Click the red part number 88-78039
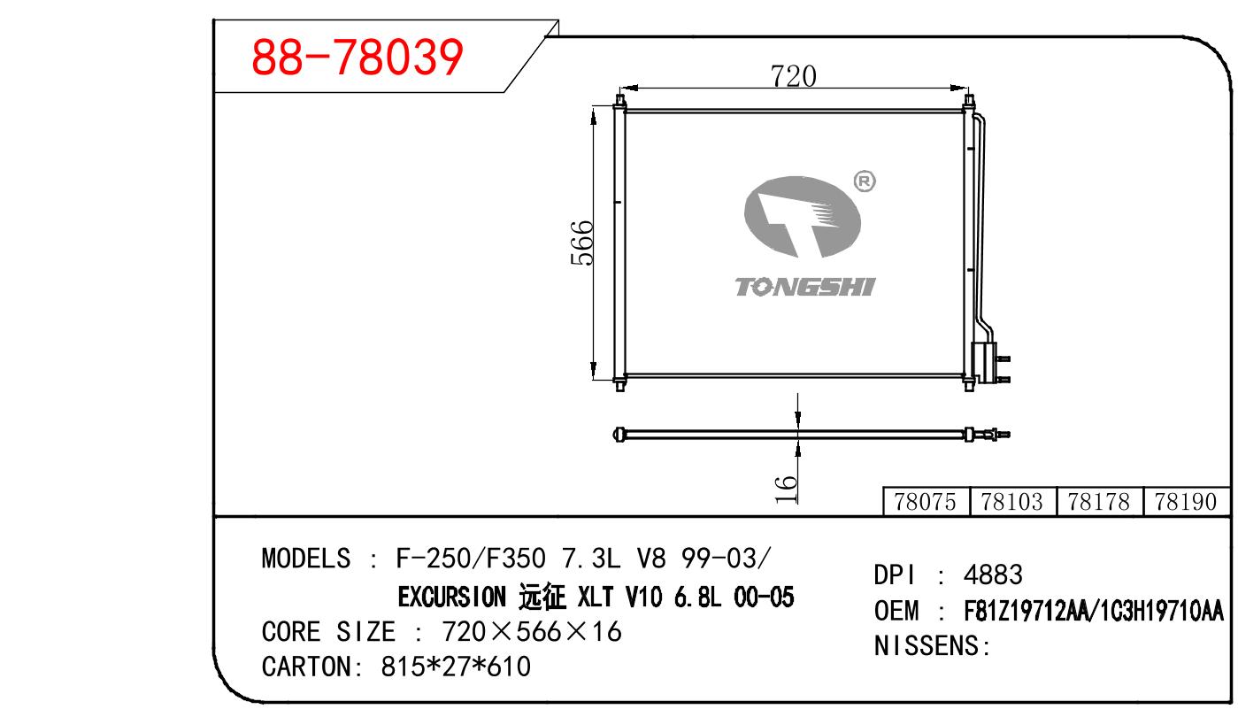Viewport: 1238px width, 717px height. click(x=357, y=57)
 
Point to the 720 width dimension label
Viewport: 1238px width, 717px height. click(x=793, y=76)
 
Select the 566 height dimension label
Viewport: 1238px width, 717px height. click(x=582, y=243)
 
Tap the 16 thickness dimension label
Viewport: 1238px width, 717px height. click(x=785, y=490)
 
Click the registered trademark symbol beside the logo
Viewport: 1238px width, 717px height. click(x=865, y=181)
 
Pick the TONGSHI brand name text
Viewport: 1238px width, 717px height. click(x=805, y=287)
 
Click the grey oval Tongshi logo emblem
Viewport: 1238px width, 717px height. click(x=802, y=217)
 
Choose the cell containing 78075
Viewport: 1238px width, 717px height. click(x=927, y=502)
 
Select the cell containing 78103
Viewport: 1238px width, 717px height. click(x=1012, y=502)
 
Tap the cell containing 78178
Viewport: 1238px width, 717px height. click(x=1099, y=502)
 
